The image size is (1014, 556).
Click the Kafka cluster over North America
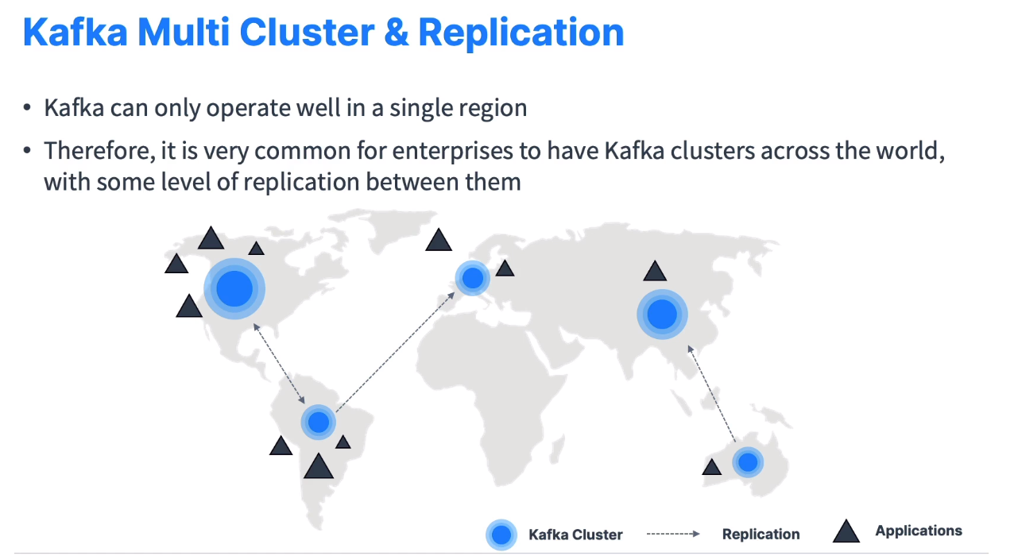pos(233,288)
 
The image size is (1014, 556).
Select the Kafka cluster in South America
pos(319,422)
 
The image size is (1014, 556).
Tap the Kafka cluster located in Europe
pos(473,278)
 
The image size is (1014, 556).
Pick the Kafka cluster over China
pos(661,315)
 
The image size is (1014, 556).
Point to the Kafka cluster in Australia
pos(747,461)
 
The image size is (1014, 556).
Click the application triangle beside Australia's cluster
pos(712,466)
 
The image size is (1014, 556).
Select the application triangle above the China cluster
pos(654,272)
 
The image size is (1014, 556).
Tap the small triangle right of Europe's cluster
pos(505,268)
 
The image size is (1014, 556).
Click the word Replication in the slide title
pos(521,32)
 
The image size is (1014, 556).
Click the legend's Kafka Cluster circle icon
pos(501,535)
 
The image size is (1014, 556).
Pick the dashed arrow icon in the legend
pos(671,534)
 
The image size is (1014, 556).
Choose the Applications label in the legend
pos(918,531)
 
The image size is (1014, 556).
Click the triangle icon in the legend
pos(846,531)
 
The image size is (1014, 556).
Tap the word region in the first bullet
pos(486,107)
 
